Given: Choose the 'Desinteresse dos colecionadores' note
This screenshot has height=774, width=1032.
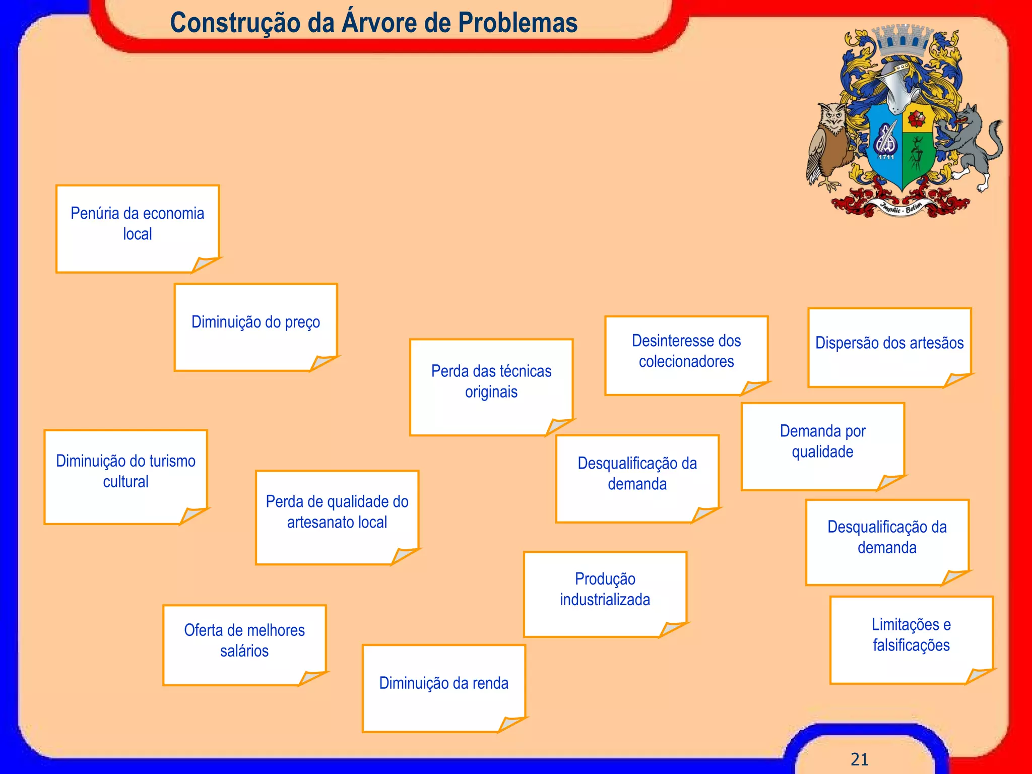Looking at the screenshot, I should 686,355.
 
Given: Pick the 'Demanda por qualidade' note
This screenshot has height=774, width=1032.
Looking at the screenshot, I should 822,445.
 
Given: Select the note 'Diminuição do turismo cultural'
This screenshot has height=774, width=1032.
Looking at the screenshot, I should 125,476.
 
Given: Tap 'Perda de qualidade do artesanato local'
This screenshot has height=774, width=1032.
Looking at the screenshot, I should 337,517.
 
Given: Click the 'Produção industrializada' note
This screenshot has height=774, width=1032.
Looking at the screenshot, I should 605,593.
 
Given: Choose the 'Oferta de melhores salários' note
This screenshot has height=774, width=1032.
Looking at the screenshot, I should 244,644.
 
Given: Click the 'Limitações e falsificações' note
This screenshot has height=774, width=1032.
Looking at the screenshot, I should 911,639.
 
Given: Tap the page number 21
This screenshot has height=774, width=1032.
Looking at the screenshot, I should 859,759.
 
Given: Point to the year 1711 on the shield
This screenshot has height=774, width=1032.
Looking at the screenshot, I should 886,157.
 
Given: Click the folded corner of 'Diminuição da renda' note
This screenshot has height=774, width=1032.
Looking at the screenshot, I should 511,724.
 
